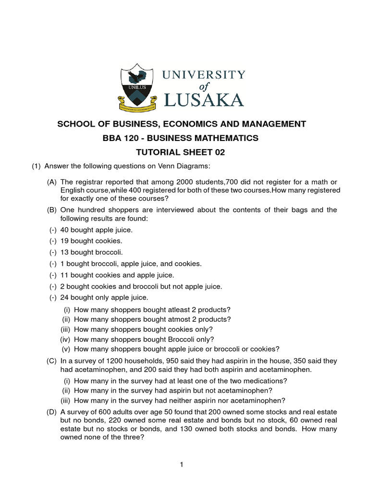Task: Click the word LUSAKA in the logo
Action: point(204,99)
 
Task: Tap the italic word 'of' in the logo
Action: point(204,86)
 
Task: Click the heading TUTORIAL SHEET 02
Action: point(182,153)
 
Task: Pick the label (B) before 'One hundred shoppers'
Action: point(52,210)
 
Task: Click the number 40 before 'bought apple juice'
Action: point(65,230)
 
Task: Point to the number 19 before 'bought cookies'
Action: point(65,241)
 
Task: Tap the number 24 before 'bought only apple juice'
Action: point(65,298)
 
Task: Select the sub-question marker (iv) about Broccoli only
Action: point(65,339)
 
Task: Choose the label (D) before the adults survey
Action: point(52,412)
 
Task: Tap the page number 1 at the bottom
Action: point(182,464)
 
